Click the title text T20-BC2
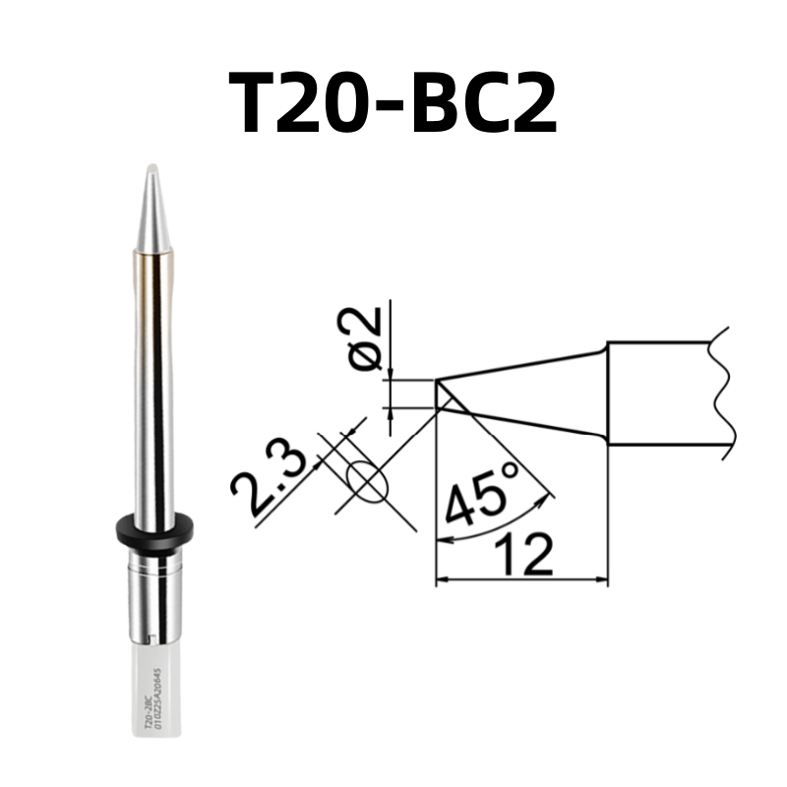point(393,102)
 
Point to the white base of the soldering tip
point(154,689)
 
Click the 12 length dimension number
point(520,557)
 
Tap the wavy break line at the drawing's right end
point(726,393)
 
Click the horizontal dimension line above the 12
point(520,580)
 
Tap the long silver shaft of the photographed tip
point(153,393)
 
